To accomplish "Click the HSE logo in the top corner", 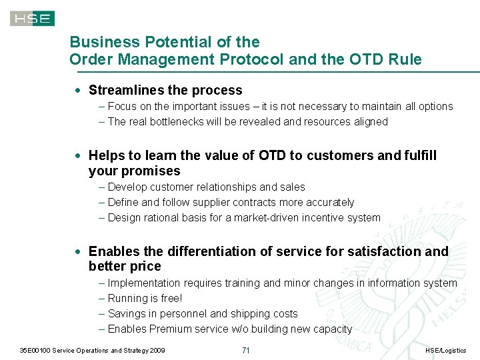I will (32, 18).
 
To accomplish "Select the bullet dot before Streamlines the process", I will (79, 90).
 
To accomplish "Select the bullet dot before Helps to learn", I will (79, 155).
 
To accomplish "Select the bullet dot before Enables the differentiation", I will (79, 251).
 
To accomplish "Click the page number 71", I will (245, 351).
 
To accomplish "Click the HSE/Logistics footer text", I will (445, 351).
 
